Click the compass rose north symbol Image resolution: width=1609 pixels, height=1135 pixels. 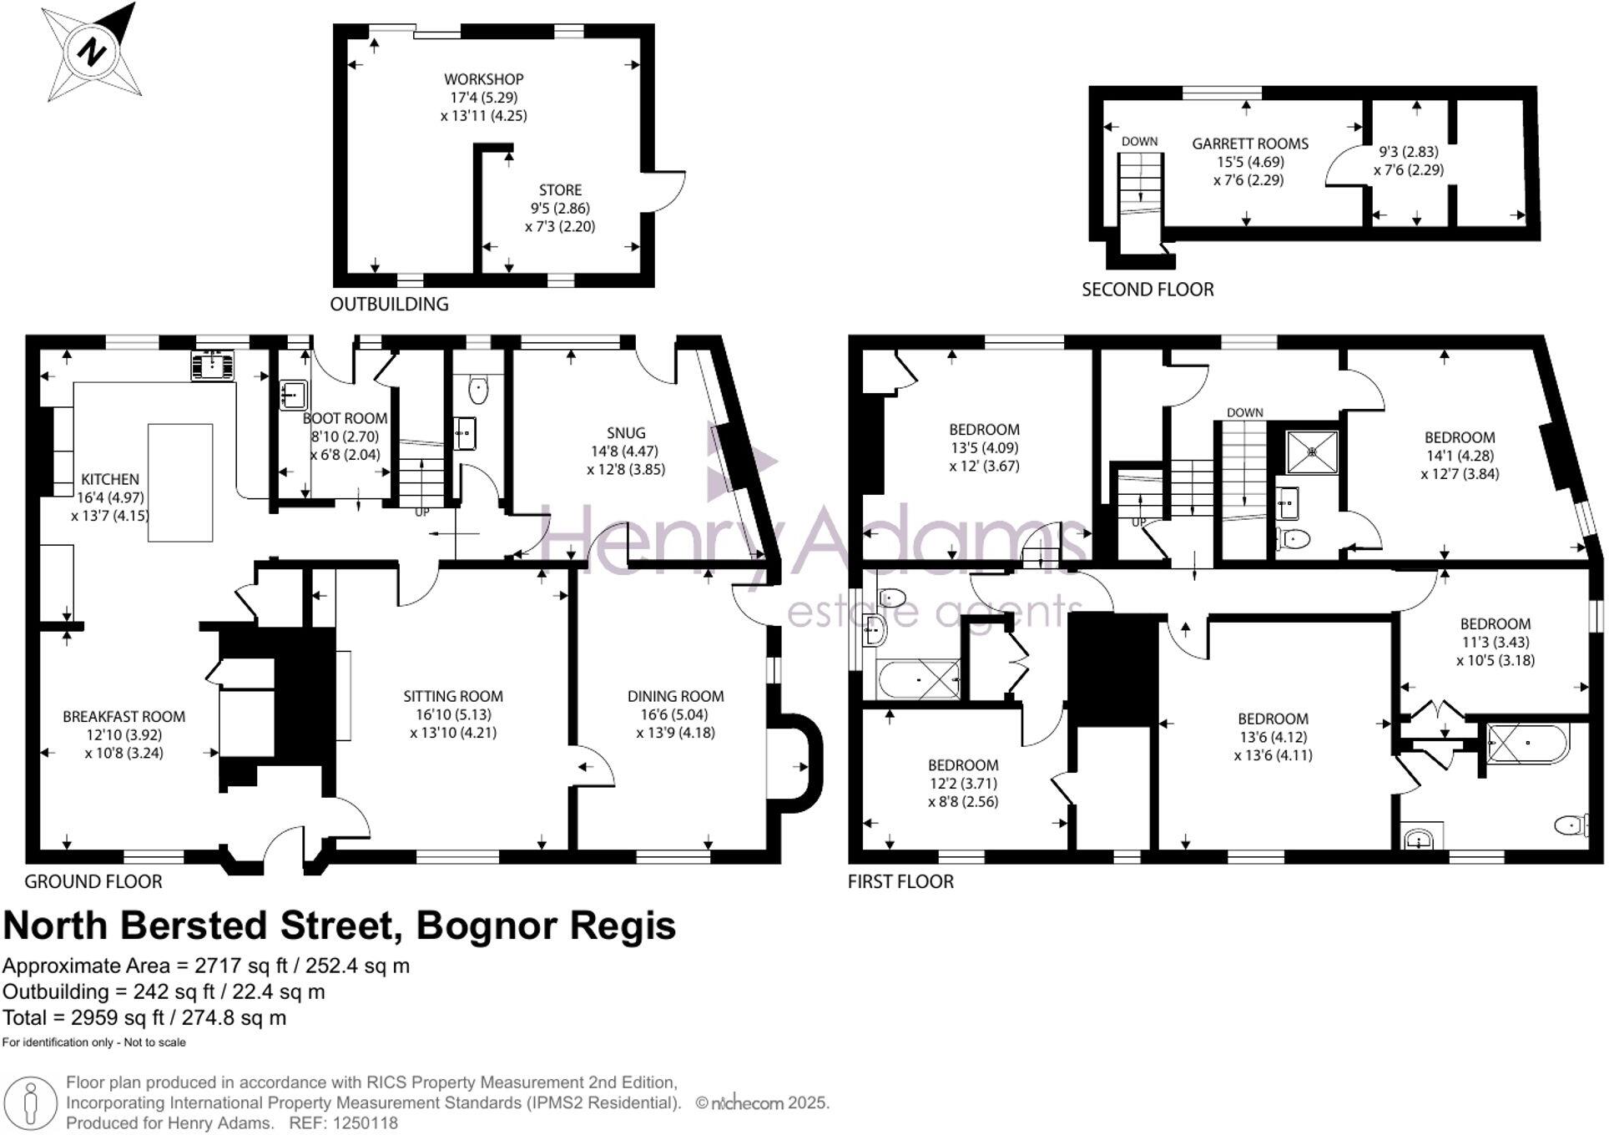click(91, 53)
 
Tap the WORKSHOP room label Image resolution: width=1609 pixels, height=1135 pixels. click(483, 79)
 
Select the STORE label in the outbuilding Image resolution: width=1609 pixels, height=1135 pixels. click(560, 190)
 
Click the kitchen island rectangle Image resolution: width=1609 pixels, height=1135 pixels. click(180, 482)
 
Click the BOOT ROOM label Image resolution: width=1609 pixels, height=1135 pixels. click(345, 418)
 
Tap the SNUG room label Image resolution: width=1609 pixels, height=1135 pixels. click(625, 432)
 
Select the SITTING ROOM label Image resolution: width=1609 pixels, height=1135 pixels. click(453, 696)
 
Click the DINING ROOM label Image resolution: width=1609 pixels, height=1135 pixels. click(675, 696)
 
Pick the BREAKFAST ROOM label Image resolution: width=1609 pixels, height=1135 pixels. click(124, 716)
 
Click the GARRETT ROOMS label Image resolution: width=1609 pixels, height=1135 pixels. click(1249, 144)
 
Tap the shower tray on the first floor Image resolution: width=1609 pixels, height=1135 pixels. click(1311, 451)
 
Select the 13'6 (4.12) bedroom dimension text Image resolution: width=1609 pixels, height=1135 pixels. click(1272, 737)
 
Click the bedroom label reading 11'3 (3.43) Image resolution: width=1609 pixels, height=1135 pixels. click(1495, 642)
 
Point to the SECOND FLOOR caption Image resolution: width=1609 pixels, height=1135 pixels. click(1147, 290)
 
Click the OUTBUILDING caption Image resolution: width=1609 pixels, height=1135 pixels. click(389, 304)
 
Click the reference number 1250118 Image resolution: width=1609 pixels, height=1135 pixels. click(365, 1123)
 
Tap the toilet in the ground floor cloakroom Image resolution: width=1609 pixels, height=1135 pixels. click(478, 389)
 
